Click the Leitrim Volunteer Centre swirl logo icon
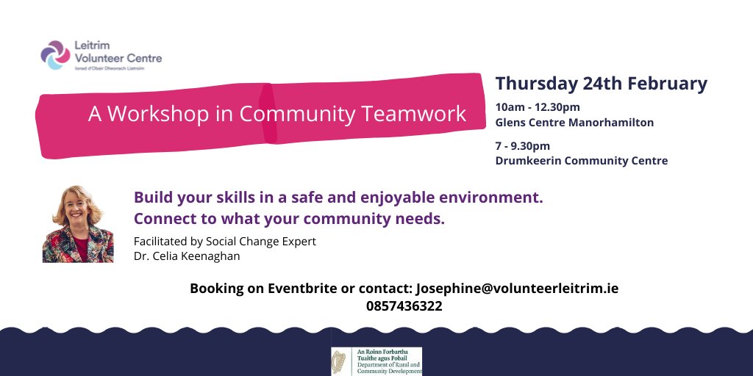pyautogui.click(x=54, y=54)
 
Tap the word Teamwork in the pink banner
pyautogui.click(x=421, y=114)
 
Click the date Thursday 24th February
pyautogui.click(x=601, y=84)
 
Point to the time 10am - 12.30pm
pyautogui.click(x=538, y=107)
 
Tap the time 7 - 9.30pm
pyautogui.click(x=523, y=145)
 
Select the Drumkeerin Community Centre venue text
pyautogui.click(x=582, y=161)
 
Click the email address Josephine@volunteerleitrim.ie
pyautogui.click(x=517, y=289)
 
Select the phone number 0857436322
pyautogui.click(x=404, y=306)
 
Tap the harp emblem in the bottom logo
pyautogui.click(x=340, y=361)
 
